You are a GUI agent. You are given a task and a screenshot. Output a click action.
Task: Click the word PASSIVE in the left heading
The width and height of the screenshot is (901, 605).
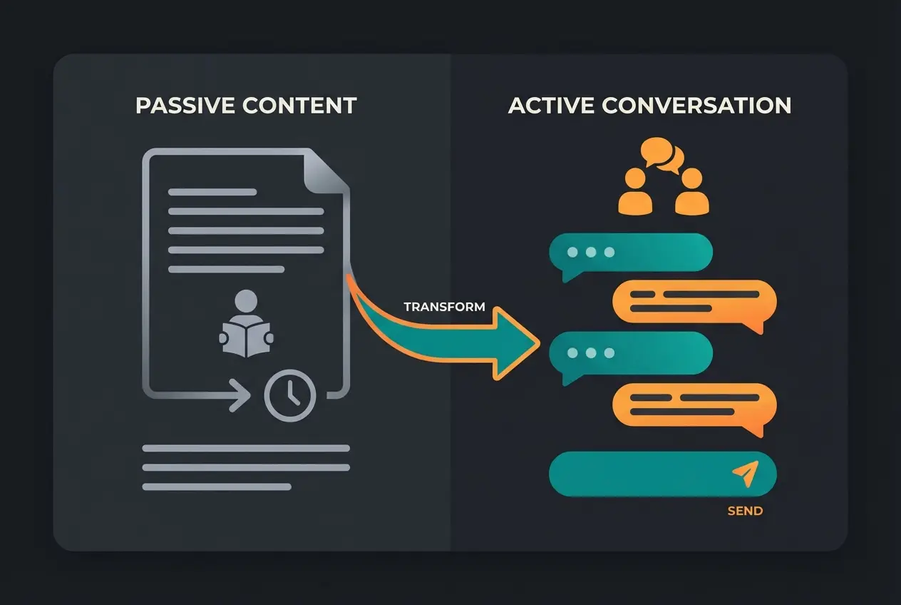pos(184,106)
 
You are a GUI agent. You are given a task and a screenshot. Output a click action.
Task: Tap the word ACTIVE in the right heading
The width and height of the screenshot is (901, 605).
pos(550,106)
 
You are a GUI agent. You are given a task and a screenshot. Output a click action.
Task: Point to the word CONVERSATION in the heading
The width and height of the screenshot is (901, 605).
pos(696,106)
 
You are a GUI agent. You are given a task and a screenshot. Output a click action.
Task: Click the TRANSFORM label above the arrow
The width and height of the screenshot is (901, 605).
pos(444,307)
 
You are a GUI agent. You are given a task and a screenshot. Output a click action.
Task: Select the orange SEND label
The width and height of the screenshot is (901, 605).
pos(745,511)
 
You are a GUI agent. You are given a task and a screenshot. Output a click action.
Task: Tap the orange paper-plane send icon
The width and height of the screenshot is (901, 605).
pos(746,474)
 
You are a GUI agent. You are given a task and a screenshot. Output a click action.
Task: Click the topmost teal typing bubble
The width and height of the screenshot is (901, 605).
pos(630,253)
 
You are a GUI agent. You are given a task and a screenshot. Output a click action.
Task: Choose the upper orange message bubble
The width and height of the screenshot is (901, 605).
pos(694,302)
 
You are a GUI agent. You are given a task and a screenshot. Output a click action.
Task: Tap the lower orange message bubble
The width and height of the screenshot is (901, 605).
pos(694,405)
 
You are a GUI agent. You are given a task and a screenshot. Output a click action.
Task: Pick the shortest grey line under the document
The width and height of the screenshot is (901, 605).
pos(217,487)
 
